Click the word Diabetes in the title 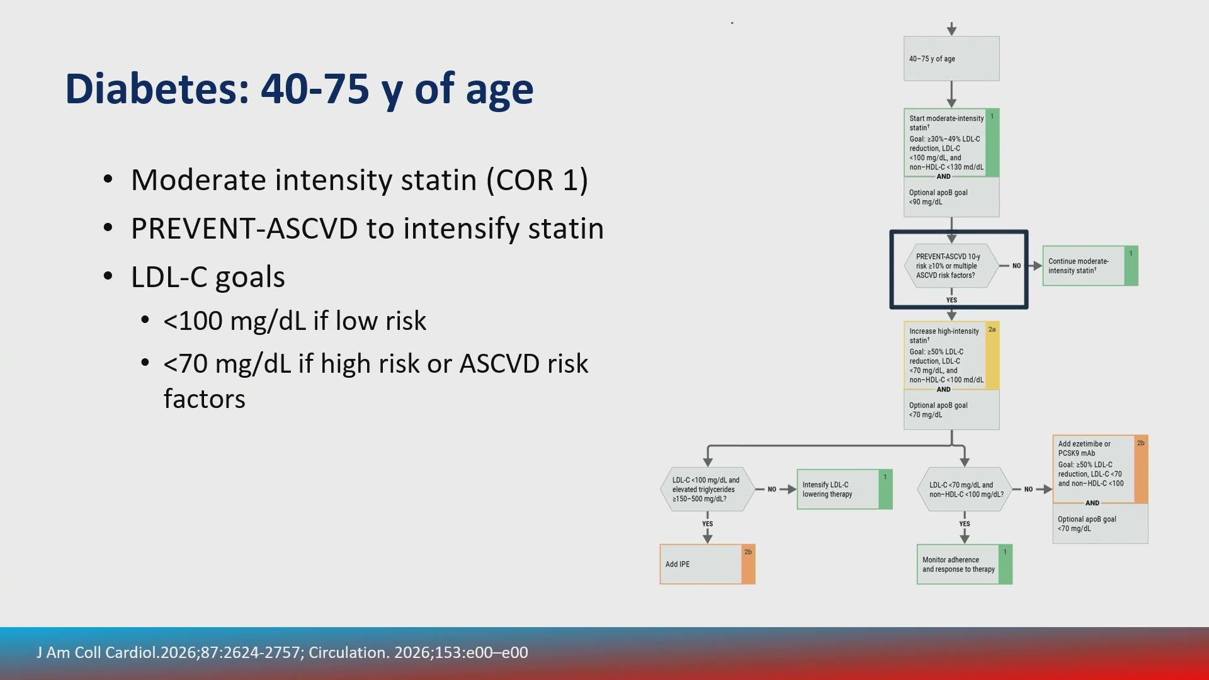(157, 89)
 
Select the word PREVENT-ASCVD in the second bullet (244, 228)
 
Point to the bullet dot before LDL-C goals (108, 276)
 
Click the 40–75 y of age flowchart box (951, 59)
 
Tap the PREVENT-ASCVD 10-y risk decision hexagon (951, 266)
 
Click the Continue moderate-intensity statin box (1090, 266)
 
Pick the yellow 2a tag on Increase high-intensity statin (992, 356)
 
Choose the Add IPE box (707, 564)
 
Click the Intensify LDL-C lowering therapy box (844, 489)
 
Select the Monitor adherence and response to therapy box (964, 564)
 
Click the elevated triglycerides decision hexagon (707, 489)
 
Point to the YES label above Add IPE (708, 524)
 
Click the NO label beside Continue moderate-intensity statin (1016, 266)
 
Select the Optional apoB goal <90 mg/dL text (938, 197)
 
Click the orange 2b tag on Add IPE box (748, 564)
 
